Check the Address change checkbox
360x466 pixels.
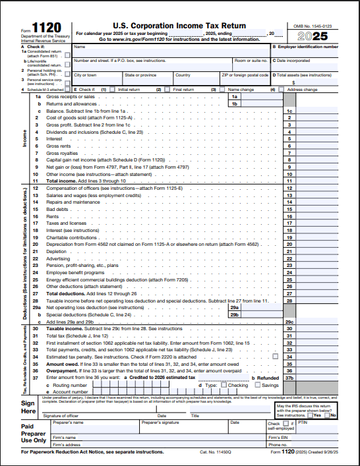(x=282, y=89)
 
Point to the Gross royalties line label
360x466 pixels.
(x=61, y=153)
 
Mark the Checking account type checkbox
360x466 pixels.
(x=224, y=385)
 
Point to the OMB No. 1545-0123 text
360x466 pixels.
(x=317, y=25)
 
